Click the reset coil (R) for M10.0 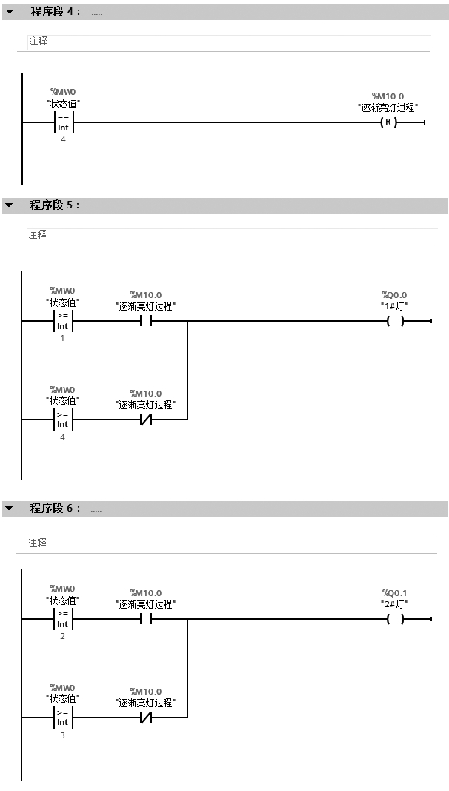388,122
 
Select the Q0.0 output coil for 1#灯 395,322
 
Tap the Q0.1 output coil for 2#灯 395,619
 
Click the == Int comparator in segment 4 63,122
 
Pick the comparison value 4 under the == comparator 63,139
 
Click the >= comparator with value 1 63,321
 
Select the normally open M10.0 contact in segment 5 145,322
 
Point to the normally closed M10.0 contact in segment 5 145,420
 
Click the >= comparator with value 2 63,619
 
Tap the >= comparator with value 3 63,717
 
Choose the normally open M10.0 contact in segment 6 145,619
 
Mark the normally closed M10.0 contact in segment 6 145,718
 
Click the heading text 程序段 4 55,12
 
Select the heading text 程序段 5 55,205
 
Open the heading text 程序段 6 55,509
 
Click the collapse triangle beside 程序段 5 10,205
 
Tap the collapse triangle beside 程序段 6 10,509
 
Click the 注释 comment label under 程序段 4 38,42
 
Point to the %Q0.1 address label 394,592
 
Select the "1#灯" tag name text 394,305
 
